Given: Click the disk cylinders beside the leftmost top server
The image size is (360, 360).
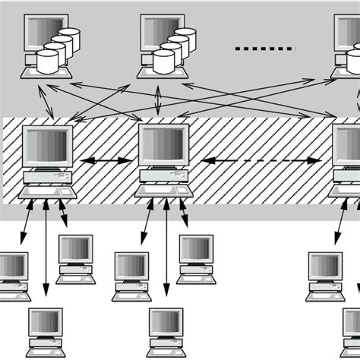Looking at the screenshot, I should [x=58, y=50].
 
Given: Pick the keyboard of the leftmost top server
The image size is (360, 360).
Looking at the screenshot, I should [x=46, y=73].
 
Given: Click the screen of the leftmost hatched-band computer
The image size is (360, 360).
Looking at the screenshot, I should [x=46, y=146].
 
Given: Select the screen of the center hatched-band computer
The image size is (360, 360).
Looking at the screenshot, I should [x=163, y=145].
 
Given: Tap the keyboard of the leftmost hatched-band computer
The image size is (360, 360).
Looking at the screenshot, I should [x=47, y=193].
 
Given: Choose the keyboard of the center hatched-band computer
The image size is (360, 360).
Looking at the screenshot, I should [x=163, y=193].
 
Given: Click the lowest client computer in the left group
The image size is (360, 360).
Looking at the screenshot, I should [x=46, y=330].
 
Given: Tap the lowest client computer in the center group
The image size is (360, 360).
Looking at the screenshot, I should [x=166, y=330].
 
